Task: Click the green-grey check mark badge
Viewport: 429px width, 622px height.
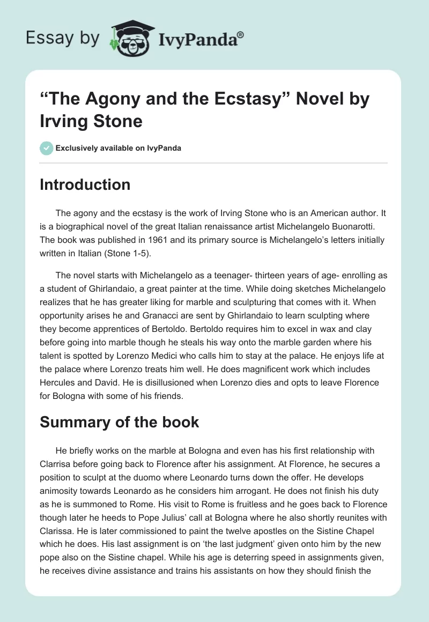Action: coord(46,148)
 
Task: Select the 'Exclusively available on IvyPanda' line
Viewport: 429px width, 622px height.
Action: coord(118,148)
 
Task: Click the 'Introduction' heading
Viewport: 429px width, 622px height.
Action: coord(85,184)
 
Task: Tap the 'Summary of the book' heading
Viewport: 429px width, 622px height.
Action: coord(120,422)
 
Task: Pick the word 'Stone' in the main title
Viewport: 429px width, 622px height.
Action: coord(118,121)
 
